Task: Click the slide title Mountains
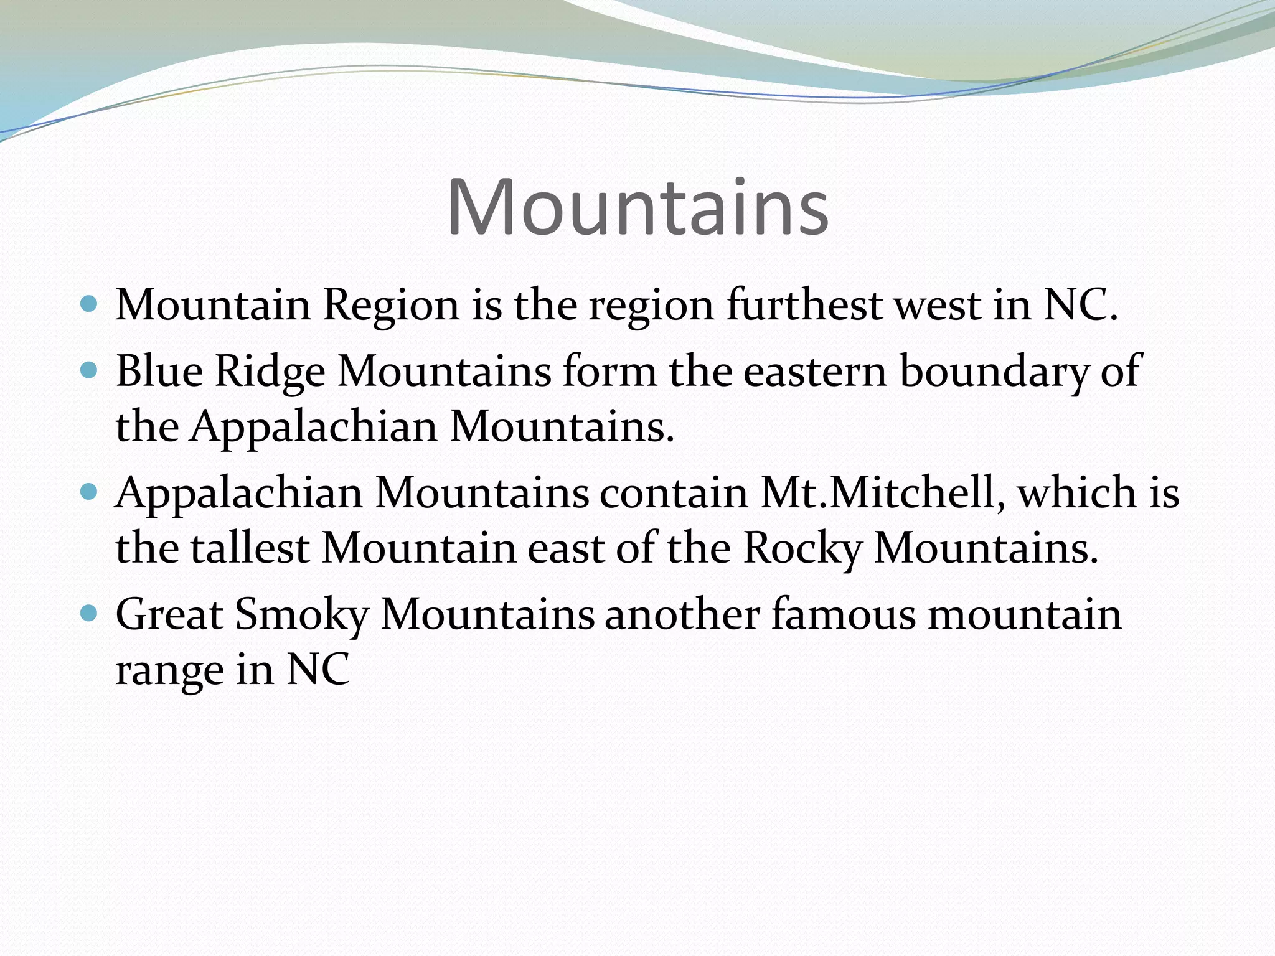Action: tap(637, 207)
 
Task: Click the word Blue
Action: tap(159, 371)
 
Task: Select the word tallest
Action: tap(250, 548)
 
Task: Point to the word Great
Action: tap(169, 614)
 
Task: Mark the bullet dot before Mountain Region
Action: tap(90, 304)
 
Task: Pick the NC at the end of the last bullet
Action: tap(318, 670)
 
